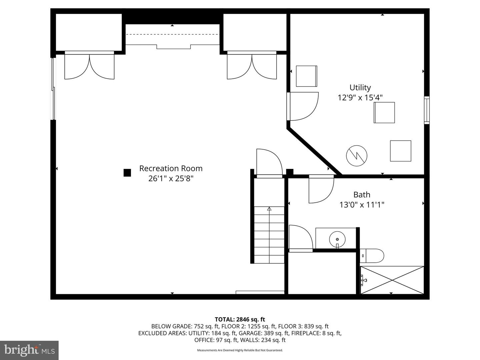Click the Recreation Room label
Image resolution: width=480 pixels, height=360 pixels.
pyautogui.click(x=171, y=168)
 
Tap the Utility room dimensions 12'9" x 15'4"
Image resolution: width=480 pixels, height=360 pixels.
pyautogui.click(x=360, y=98)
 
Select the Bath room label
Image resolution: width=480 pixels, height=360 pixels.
pyautogui.click(x=362, y=195)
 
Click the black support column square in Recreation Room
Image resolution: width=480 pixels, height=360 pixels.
pyautogui.click(x=127, y=173)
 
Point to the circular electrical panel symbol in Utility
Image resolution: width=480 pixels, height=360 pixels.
pyautogui.click(x=357, y=156)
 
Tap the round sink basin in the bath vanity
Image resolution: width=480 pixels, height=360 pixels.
pyautogui.click(x=337, y=239)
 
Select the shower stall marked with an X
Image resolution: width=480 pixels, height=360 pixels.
pyautogui.click(x=392, y=280)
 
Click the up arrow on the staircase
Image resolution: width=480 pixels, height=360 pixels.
pyautogui.click(x=269, y=209)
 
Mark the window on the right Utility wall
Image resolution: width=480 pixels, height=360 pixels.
pyautogui.click(x=426, y=110)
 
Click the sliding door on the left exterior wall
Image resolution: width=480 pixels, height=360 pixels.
pyautogui.click(x=53, y=89)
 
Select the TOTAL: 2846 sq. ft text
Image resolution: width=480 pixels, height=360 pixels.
pyautogui.click(x=240, y=319)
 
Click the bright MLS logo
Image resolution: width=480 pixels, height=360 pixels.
pyautogui.click(x=29, y=350)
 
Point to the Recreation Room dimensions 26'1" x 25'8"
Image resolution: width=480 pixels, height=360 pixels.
pyautogui.click(x=171, y=179)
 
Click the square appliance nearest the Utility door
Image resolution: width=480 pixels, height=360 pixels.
pyautogui.click(x=306, y=76)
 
